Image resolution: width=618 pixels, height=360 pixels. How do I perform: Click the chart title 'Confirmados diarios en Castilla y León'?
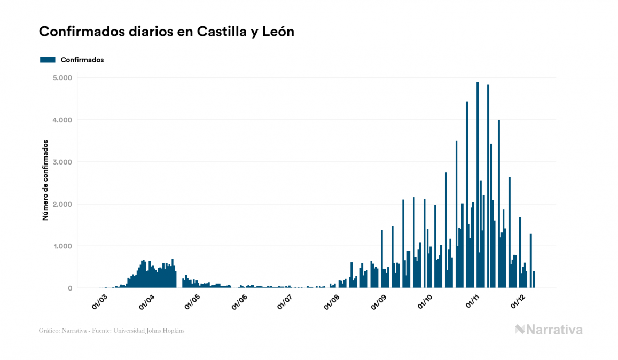coord(167,32)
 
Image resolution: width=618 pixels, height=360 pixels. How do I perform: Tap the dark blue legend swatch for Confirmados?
coord(48,60)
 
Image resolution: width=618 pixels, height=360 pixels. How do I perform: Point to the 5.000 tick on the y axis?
coord(61,78)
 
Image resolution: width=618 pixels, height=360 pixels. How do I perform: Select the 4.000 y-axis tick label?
coord(61,120)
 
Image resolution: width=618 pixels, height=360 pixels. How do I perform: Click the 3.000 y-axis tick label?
coord(61,162)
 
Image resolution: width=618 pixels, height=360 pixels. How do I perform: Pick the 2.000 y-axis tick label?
coord(61,205)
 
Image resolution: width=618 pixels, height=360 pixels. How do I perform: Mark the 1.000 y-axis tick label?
coord(61,246)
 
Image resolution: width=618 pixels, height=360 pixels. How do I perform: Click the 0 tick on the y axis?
coord(69,288)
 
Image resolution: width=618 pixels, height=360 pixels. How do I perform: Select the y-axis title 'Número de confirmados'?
coord(45,181)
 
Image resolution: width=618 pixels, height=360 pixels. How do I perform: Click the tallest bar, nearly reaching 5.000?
coord(478,187)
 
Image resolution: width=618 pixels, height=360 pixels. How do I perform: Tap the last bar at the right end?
coord(534,280)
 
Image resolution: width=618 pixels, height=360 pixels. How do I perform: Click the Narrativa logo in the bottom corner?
coord(549,330)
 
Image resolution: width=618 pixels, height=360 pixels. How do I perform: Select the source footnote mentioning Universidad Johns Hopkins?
coord(112,331)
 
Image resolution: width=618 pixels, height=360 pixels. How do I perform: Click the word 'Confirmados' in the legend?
coord(82,60)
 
